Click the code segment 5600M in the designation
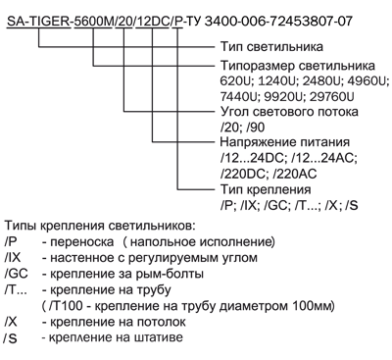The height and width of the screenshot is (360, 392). (93, 22)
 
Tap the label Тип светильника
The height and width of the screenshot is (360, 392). (271, 47)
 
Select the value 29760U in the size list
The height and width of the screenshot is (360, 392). (332, 97)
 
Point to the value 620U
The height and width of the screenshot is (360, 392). (236, 81)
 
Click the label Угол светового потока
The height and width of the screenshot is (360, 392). (289, 112)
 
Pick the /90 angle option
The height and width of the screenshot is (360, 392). (256, 128)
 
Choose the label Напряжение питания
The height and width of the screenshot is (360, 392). (285, 142)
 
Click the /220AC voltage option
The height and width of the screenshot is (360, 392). (295, 174)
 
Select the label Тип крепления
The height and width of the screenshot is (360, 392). (266, 189)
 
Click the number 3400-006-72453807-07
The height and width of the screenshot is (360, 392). (278, 22)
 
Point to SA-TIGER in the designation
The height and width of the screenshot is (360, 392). (38, 22)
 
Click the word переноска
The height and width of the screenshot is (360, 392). (82, 242)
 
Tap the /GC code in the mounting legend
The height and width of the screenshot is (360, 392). (16, 274)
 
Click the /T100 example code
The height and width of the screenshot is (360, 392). (67, 306)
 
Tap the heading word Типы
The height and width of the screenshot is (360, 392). (21, 226)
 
